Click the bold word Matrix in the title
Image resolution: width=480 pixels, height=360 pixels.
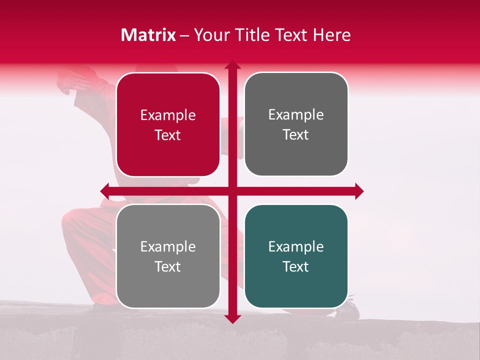[x=148, y=35]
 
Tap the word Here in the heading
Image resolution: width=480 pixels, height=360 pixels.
[x=331, y=35]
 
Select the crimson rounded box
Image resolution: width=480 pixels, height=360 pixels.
[x=168, y=125]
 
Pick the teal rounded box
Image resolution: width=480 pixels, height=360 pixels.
[x=296, y=256]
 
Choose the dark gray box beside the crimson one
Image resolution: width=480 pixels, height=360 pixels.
[x=296, y=124]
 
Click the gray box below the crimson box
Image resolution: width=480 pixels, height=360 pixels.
[x=168, y=256]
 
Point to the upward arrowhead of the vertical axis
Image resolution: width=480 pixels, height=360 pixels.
[x=232, y=65]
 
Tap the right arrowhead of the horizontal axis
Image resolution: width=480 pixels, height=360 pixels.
[x=359, y=191]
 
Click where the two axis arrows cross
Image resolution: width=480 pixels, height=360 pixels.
[x=232, y=191]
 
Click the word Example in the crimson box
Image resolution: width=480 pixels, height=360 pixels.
[x=168, y=115]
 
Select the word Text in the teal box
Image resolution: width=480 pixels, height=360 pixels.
[x=296, y=266]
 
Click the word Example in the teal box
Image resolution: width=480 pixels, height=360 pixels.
[x=296, y=246]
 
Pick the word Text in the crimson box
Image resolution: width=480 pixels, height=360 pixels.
[x=168, y=135]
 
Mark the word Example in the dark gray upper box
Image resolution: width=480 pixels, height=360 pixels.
[x=296, y=115]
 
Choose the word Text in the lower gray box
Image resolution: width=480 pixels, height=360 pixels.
[x=168, y=266]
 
